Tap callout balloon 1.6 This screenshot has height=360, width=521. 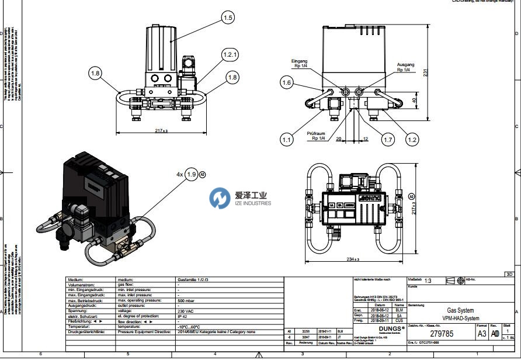click(286, 83)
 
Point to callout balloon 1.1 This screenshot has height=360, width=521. click(286, 139)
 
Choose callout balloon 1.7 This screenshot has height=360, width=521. click(388, 139)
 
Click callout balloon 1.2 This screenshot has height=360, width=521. click(412, 139)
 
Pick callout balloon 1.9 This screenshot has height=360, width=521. click(192, 174)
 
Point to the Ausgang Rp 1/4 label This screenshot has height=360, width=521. click(405, 67)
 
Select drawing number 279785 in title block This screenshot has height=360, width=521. click(442, 334)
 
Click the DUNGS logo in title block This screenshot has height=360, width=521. click(384, 328)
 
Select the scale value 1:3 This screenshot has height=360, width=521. click(429, 281)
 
